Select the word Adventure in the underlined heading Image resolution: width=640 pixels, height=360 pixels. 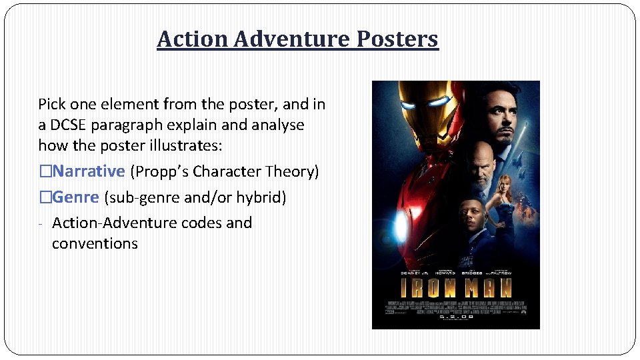[x=292, y=39]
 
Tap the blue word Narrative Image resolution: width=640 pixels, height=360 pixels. [x=89, y=171]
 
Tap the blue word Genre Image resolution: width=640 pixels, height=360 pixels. [x=76, y=197]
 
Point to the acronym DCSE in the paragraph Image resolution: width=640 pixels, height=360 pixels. [x=71, y=125]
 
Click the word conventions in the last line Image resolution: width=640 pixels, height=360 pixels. [x=95, y=243]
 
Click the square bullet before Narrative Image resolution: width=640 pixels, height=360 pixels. [x=45, y=171]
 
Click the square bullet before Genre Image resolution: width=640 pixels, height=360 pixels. [x=45, y=197]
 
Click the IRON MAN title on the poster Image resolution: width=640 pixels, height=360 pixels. [x=455, y=289]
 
